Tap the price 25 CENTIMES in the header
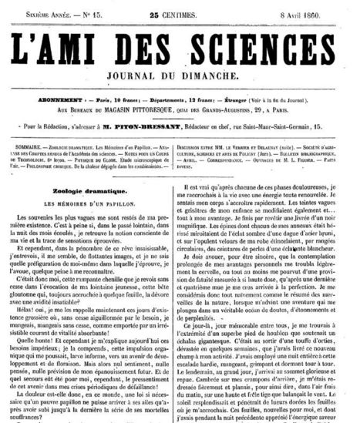(180, 6)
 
